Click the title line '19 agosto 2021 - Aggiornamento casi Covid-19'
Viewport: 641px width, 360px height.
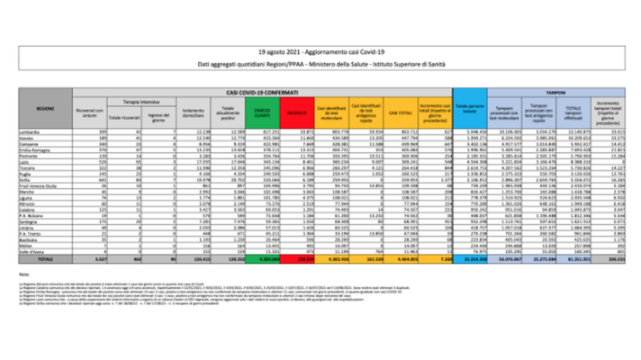click(x=320, y=54)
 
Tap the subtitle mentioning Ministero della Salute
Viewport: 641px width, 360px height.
click(x=320, y=67)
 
